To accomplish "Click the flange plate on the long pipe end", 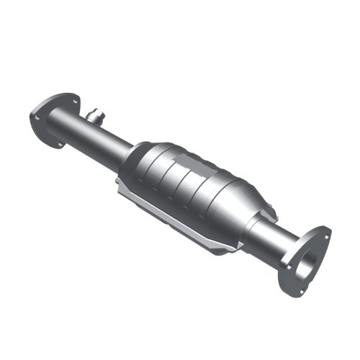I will (x=52, y=115).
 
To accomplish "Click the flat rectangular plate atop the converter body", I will (x=184, y=148).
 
